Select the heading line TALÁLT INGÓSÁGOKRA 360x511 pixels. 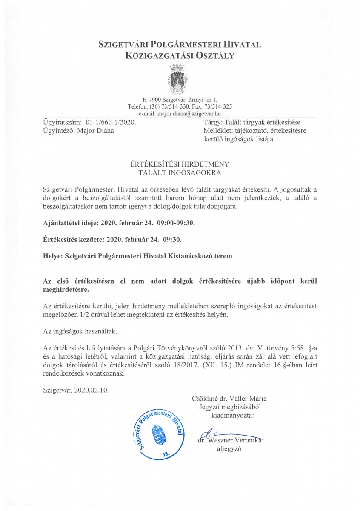coord(180,172)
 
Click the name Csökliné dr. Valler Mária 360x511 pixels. coord(229,399)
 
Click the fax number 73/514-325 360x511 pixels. coord(218,106)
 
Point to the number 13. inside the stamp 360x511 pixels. coord(166,454)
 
